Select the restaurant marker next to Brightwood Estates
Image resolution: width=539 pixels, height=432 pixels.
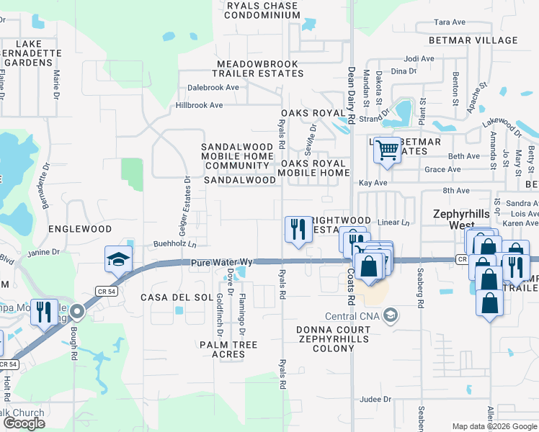(295, 230)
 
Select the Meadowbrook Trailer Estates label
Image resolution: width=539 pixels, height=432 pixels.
(257, 68)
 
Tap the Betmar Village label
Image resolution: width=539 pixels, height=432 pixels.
(473, 40)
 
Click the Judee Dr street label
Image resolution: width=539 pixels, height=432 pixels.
(375, 399)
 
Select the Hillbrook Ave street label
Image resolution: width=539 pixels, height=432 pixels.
(199, 105)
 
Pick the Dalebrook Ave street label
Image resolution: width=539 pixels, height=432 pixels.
(213, 87)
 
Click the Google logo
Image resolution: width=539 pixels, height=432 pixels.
(24, 423)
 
